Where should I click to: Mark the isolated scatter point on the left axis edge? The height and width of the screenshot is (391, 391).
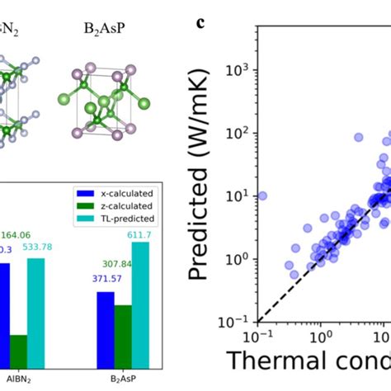point(262,195)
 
